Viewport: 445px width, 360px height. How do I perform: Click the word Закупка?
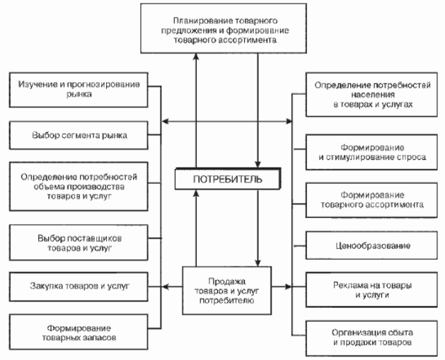[x=50, y=286]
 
